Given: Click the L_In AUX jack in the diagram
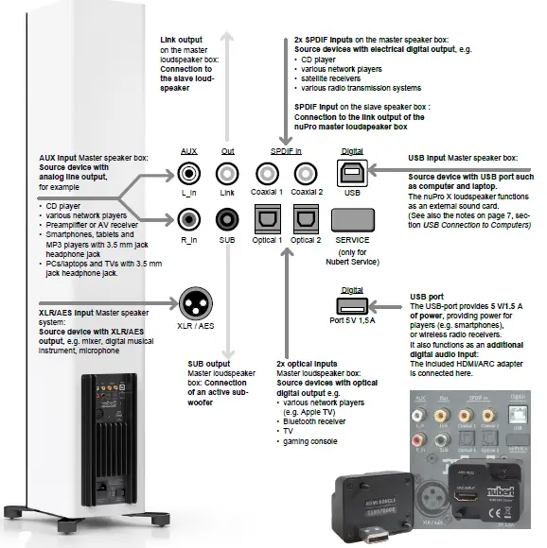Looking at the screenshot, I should pos(187,174).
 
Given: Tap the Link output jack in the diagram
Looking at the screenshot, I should pos(227,174).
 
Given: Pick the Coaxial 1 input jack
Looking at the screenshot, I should pos(267,174).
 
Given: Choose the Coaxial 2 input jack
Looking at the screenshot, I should pos(306,174).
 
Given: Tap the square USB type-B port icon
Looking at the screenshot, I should pos(351,173).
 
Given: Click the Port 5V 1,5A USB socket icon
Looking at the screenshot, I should pos(351,304).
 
